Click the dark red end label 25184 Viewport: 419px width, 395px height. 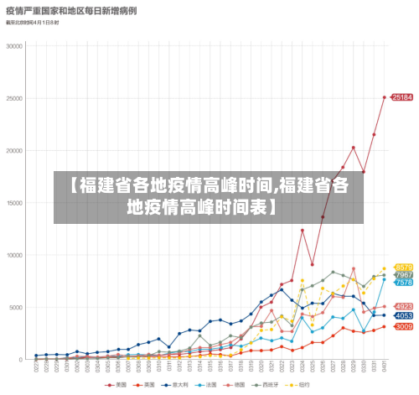[402, 97]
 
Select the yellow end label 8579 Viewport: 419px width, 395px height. [403, 268]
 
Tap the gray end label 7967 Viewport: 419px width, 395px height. [403, 275]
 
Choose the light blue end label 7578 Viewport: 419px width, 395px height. [403, 283]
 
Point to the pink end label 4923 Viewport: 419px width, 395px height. [403, 306]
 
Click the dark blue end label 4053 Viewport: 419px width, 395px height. [403, 315]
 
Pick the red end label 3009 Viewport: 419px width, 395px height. [403, 326]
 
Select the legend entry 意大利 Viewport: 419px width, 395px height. [179, 386]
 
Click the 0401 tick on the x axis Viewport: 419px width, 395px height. [384, 367]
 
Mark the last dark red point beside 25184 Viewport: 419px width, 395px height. [385, 97]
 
